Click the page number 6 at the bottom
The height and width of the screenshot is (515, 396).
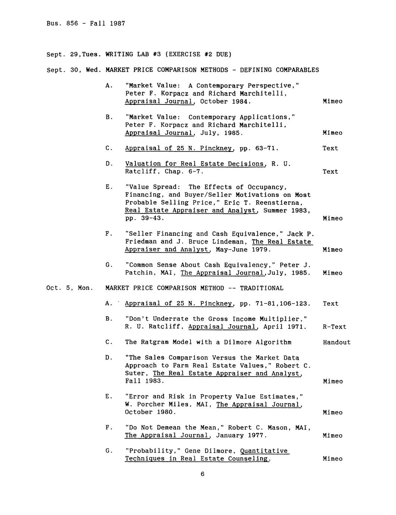(x=202, y=474)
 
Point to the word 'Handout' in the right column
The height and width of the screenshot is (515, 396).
(x=337, y=342)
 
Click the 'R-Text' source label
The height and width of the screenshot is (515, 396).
(x=334, y=327)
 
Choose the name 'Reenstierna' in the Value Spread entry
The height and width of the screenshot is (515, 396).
(x=277, y=203)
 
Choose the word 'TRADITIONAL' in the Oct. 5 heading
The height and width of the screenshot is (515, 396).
(x=261, y=288)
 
